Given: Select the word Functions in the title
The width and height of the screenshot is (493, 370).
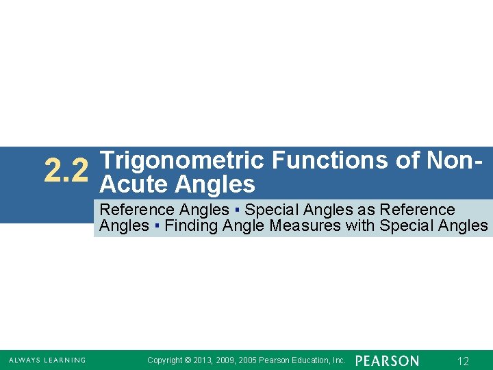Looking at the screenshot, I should point(331,160).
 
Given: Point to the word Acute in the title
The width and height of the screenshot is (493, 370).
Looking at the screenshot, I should point(134,184).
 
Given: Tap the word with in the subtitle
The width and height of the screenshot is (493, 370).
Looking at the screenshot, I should point(361,226).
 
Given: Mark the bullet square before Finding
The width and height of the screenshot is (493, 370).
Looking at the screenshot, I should point(157,226).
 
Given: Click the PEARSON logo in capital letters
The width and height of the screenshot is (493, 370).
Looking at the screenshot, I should point(387,360).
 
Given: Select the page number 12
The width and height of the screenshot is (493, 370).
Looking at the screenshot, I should point(464,361).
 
